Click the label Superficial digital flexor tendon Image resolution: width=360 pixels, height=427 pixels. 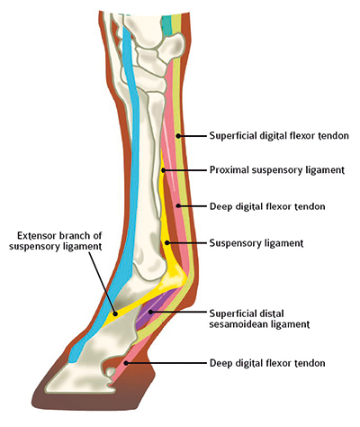(279, 136)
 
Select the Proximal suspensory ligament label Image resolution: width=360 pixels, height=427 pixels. (277, 170)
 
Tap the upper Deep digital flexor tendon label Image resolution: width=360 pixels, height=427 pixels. (267, 206)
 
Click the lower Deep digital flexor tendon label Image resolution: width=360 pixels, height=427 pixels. (267, 363)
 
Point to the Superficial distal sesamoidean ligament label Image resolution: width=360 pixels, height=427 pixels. (259, 319)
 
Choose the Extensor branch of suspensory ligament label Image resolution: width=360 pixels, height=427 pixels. (56, 241)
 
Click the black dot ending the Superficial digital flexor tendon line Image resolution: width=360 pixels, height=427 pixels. (178, 136)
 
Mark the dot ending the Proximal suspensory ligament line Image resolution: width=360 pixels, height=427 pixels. (163, 170)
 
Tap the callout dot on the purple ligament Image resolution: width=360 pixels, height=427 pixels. (151, 312)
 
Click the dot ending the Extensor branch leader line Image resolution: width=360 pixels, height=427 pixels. (114, 313)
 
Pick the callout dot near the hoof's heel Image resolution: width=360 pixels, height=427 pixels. (127, 363)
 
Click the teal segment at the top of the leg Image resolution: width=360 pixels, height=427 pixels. (166, 25)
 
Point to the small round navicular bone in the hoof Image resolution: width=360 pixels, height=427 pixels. (111, 372)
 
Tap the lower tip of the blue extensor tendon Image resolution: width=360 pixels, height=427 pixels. (73, 361)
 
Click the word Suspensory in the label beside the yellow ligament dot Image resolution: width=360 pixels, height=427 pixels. (232, 243)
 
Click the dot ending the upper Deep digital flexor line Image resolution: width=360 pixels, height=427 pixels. (178, 206)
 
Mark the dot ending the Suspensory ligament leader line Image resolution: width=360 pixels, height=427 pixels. (167, 242)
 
